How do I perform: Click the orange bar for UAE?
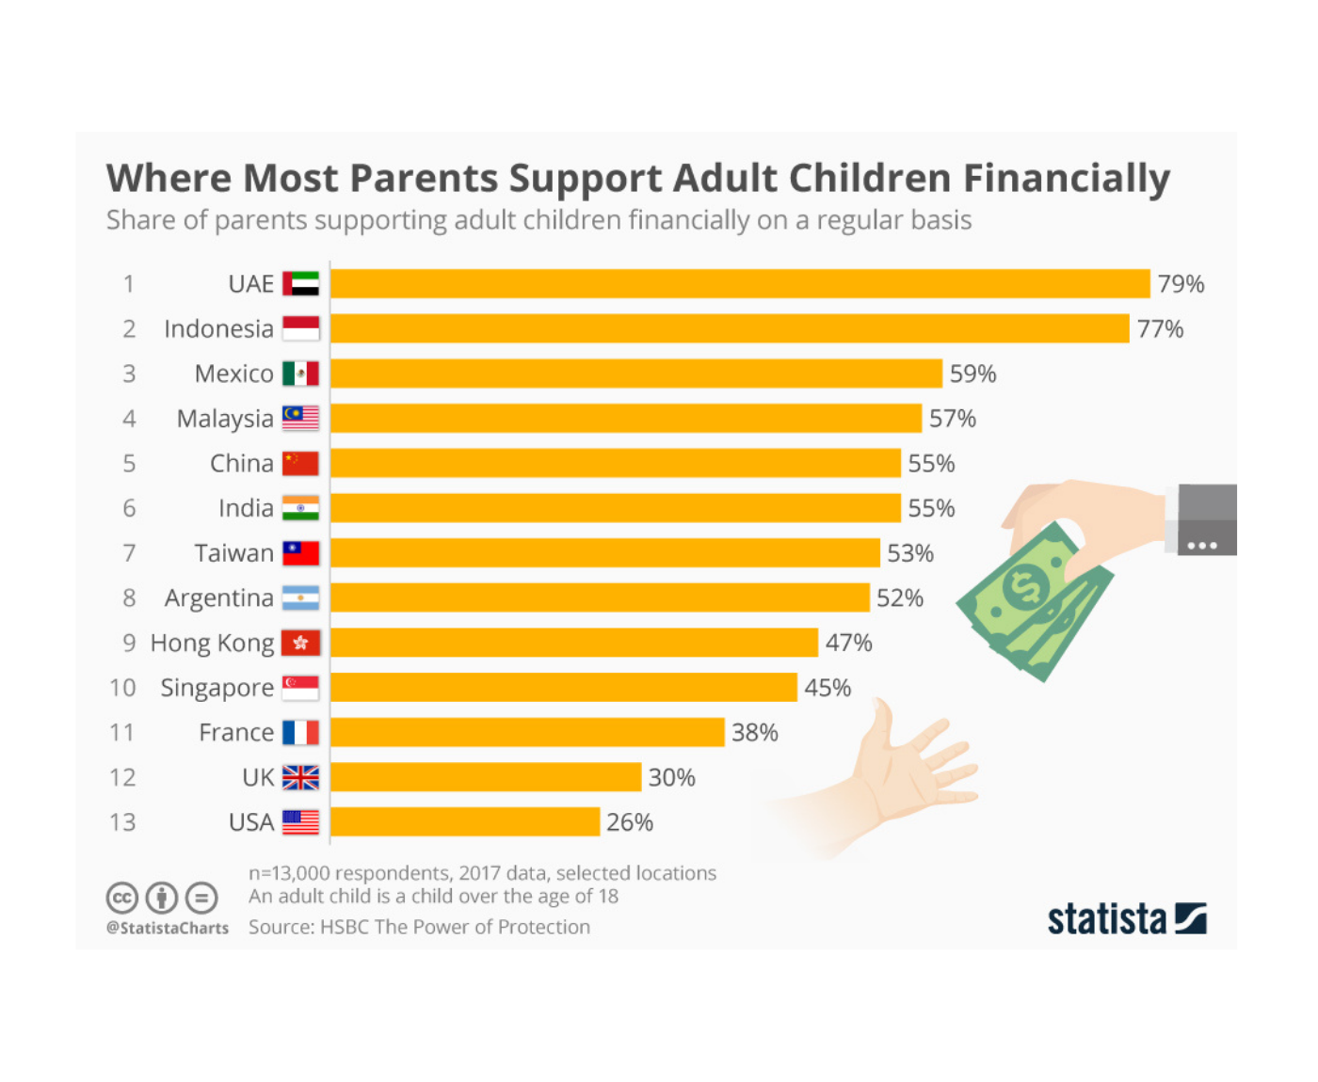click(740, 283)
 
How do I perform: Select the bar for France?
click(527, 732)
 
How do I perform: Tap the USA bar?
click(465, 821)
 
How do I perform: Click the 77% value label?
click(1160, 328)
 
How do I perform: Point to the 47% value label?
click(848, 643)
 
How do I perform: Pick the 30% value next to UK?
click(671, 777)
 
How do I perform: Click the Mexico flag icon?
click(300, 374)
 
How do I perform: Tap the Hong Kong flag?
click(300, 643)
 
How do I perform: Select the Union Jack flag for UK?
click(300, 777)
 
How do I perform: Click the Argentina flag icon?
click(300, 597)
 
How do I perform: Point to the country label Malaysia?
click(225, 419)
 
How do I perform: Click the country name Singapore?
click(217, 688)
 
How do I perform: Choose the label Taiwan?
click(233, 553)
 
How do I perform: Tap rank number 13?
click(122, 822)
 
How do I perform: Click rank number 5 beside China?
click(129, 463)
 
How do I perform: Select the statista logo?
click(1126, 918)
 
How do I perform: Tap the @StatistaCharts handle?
click(168, 928)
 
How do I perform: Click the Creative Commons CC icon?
click(122, 898)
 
